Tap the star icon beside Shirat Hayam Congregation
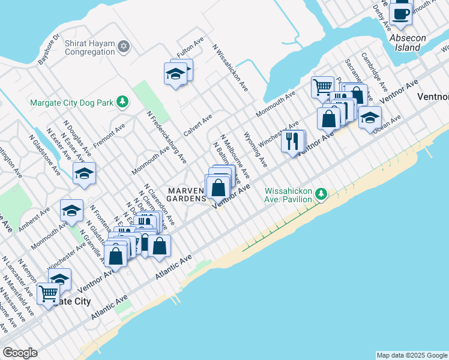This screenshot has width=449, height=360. pos(124,47)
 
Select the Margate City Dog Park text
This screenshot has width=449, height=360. pos(71,103)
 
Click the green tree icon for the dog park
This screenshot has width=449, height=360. pos(122,102)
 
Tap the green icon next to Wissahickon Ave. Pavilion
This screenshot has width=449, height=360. pos(322,194)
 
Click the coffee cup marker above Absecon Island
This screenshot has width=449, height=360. pos(400,13)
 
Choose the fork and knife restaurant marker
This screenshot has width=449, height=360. pos(292,141)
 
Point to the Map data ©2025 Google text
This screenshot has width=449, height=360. pos(412,355)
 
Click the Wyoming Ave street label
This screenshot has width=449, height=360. pos(255,149)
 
